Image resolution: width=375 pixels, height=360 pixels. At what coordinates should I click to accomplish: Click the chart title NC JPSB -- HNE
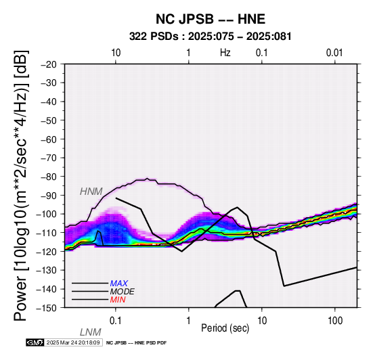click(x=211, y=19)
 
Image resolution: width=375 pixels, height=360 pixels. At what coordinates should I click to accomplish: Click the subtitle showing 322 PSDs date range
click(x=211, y=37)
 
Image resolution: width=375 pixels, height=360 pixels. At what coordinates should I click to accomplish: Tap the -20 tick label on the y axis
click(x=49, y=64)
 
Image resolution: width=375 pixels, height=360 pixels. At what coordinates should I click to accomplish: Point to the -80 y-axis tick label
click(x=49, y=177)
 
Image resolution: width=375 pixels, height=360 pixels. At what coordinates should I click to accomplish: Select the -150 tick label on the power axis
click(x=47, y=308)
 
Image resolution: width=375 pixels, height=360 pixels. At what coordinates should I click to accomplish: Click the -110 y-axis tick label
click(x=47, y=233)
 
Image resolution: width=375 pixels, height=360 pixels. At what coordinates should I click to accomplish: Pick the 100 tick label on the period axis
click(x=335, y=321)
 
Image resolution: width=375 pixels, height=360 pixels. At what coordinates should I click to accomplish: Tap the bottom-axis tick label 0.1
click(x=116, y=321)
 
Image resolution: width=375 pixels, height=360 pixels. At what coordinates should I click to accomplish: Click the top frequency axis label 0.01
click(x=334, y=53)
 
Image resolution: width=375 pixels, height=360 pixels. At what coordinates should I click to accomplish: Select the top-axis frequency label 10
click(x=116, y=53)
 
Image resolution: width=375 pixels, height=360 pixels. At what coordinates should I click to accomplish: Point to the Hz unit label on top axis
click(x=225, y=53)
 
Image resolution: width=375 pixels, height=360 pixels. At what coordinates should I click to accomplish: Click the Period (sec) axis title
click(x=225, y=328)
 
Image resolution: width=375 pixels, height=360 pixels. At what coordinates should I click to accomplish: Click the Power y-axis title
click(x=20, y=185)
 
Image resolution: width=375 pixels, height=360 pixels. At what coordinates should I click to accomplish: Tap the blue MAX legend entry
click(x=119, y=284)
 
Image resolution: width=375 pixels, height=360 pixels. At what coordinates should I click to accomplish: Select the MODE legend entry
click(x=123, y=292)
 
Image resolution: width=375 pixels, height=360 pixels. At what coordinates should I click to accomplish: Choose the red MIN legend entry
click(x=118, y=300)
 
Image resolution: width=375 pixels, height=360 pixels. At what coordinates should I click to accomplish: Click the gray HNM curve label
click(x=91, y=192)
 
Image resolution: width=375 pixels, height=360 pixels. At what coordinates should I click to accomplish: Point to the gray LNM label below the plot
click(x=91, y=332)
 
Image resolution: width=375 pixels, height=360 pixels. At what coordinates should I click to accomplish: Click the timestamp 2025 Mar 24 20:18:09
click(x=73, y=343)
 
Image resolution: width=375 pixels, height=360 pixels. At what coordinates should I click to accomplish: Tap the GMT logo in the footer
click(x=35, y=343)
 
